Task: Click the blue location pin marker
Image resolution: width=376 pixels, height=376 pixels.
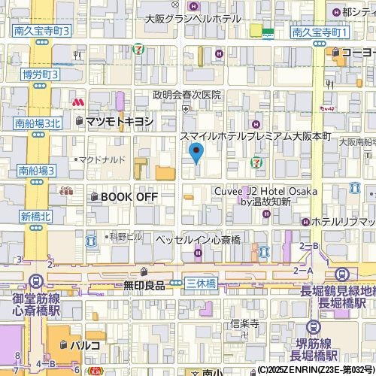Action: (x=196, y=155)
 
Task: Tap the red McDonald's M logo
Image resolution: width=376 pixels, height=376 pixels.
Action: (x=77, y=102)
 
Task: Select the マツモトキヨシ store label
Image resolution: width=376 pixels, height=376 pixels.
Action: (x=120, y=120)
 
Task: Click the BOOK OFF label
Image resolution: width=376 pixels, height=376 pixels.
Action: (x=129, y=196)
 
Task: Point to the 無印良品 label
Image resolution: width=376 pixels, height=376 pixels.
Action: (x=144, y=285)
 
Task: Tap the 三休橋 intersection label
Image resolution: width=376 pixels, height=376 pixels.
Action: (x=201, y=283)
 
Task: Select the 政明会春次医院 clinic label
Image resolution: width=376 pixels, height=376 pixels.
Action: (x=187, y=95)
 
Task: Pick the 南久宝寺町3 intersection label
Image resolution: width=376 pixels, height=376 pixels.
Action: (x=41, y=31)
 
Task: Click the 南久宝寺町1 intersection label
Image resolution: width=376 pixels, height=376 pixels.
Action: (x=320, y=32)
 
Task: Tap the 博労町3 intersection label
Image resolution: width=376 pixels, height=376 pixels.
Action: (x=41, y=74)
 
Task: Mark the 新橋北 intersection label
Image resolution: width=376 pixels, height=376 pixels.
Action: (x=35, y=216)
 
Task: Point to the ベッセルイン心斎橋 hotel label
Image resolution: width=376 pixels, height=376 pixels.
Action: (x=198, y=239)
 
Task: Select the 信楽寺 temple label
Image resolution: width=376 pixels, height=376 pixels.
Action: (x=244, y=323)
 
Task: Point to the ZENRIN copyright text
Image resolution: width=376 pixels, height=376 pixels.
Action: (x=315, y=370)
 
